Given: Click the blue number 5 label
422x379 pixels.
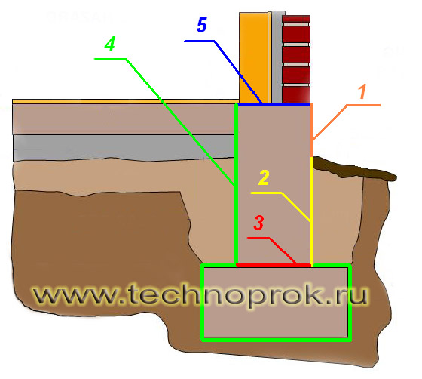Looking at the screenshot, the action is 202,25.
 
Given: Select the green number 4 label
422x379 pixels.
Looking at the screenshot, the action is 110,45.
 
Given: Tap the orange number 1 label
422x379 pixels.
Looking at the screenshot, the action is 362,91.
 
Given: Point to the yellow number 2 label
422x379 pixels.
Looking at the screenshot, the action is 264,177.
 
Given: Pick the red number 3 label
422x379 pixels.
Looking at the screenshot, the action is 258,223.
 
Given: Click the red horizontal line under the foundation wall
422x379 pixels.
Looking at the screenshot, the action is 274,265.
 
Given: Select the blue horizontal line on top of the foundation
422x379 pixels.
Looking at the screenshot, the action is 274,104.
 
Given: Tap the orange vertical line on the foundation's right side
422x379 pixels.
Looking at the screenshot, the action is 312,131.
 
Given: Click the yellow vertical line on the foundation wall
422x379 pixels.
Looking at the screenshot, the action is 312,211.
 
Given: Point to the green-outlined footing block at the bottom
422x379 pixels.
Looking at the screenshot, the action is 276,303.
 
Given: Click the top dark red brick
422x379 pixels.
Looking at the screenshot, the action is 296,19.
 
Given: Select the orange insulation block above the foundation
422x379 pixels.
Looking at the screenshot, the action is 253,57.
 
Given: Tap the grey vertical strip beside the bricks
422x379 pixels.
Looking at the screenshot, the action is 277,57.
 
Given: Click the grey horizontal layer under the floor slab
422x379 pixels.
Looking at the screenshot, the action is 124,147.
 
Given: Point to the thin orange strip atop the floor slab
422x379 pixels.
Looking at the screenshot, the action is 126,102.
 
